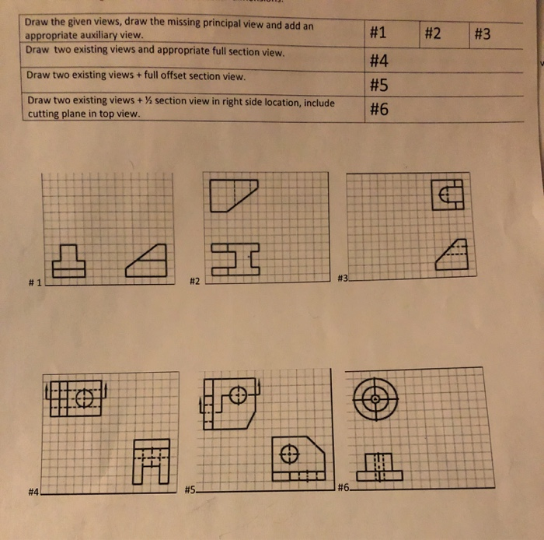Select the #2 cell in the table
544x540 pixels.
coord(433,33)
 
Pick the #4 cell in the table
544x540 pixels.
coord(379,61)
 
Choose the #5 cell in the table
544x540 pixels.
coord(379,85)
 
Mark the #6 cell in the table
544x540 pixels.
coord(379,110)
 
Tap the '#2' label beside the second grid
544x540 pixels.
coord(195,280)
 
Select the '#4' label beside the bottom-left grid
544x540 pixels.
coord(33,492)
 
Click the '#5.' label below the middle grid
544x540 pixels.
coord(192,490)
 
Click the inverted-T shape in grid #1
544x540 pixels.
coord(75,261)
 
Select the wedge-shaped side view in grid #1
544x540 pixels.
coord(148,261)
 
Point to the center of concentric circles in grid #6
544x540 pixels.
coord(375,398)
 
